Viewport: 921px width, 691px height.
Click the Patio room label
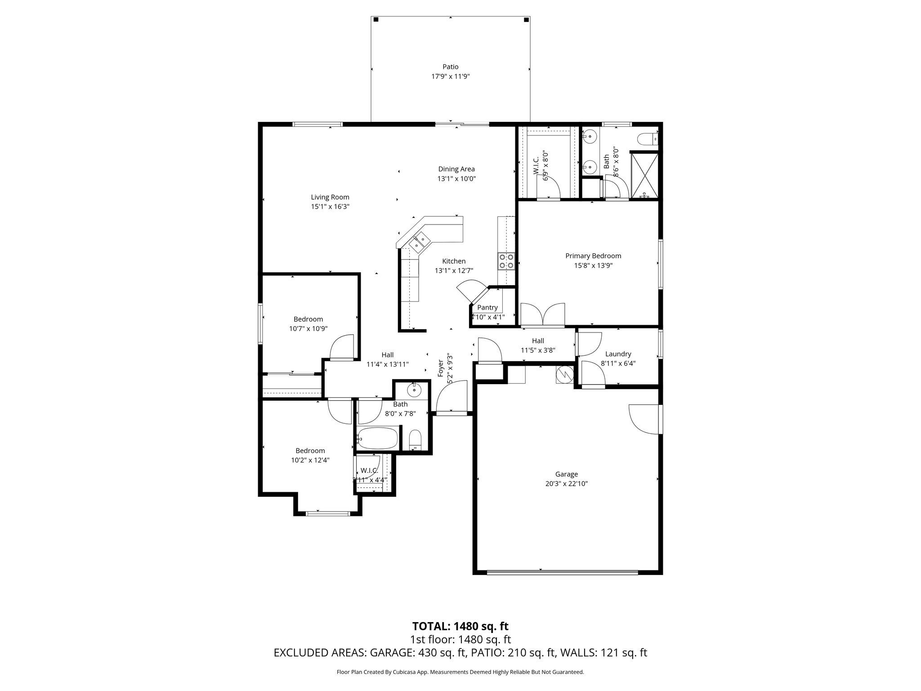pyautogui.click(x=450, y=67)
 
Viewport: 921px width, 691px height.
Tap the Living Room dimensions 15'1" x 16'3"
pyautogui.click(x=330, y=207)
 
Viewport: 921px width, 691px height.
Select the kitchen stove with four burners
pyautogui.click(x=506, y=261)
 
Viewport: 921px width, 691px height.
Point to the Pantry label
pyautogui.click(x=487, y=308)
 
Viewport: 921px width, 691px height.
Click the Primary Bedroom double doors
pyautogui.click(x=542, y=314)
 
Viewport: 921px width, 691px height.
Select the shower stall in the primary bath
pyautogui.click(x=645, y=175)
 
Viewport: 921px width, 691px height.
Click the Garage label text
pyautogui.click(x=566, y=474)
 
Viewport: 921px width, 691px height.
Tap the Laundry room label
pyautogui.click(x=618, y=354)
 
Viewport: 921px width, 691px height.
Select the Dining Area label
pyautogui.click(x=456, y=169)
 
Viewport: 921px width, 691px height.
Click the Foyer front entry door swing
pyautogui.click(x=451, y=396)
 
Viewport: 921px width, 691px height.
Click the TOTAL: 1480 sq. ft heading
pyautogui.click(x=460, y=626)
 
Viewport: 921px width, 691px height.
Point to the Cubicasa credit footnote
pyautogui.click(x=460, y=672)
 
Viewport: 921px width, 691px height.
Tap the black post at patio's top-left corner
pyautogui.click(x=376, y=19)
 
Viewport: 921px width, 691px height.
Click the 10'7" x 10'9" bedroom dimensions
pyautogui.click(x=308, y=329)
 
